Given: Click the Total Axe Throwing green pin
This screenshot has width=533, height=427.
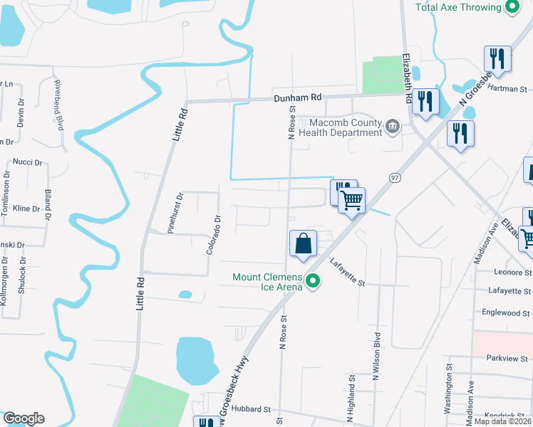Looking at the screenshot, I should (x=511, y=8).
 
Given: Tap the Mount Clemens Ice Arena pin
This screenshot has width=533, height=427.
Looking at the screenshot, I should (x=312, y=283).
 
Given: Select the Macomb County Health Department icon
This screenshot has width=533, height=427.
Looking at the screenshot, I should (x=392, y=127).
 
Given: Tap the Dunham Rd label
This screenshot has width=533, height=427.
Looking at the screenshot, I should (x=298, y=97).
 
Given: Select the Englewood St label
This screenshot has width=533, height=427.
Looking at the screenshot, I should (x=507, y=312).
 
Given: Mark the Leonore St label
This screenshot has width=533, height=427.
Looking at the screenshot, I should (x=512, y=272).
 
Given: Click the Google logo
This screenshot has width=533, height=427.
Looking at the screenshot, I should (x=24, y=418).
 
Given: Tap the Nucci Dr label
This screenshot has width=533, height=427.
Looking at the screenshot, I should (x=29, y=162).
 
